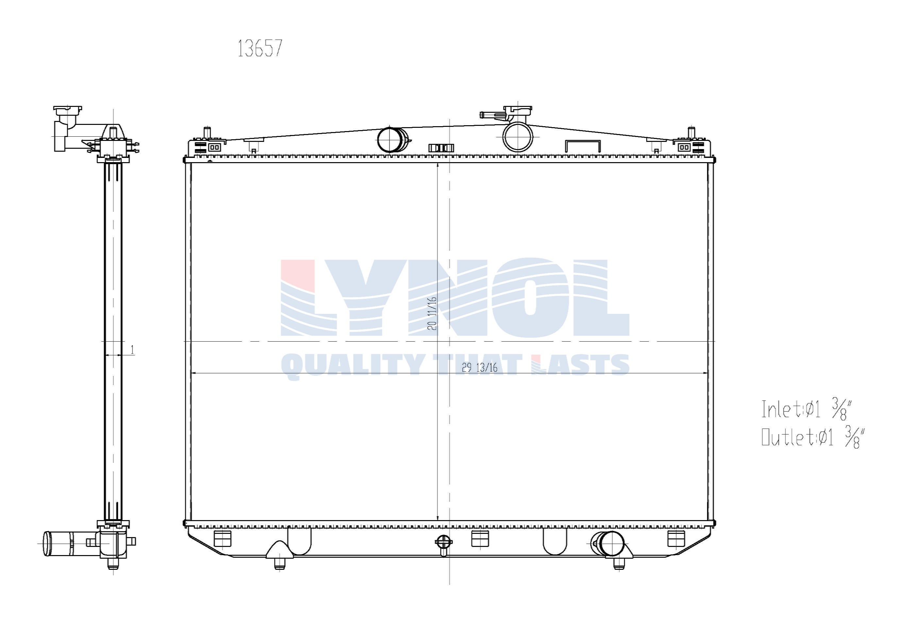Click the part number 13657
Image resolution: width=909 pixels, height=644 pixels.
(x=260, y=48)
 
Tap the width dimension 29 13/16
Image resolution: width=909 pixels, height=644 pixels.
(x=479, y=368)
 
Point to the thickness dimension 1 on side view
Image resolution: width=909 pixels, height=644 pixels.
(x=132, y=350)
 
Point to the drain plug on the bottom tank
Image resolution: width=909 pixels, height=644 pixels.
(x=443, y=543)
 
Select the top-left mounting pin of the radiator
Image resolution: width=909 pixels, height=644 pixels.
(x=207, y=132)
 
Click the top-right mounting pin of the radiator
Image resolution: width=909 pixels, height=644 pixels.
(x=691, y=132)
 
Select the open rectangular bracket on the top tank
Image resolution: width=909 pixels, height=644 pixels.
(x=582, y=145)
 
